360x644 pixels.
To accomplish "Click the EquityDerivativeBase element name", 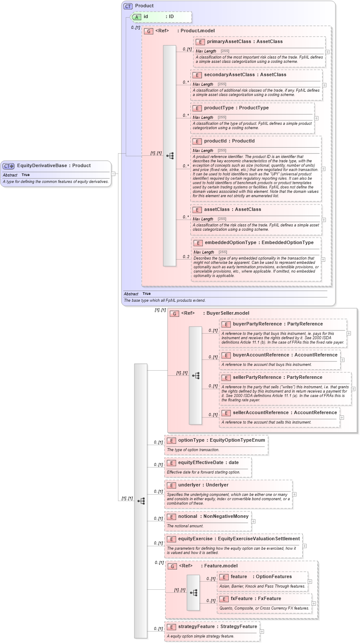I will point(42,166).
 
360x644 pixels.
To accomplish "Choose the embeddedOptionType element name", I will point(230,243).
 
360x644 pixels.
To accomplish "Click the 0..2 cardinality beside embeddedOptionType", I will point(186,257).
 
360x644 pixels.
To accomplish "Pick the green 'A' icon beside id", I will point(137,17).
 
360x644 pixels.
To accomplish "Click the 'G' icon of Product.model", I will point(149,31).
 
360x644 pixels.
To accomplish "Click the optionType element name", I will point(191,440).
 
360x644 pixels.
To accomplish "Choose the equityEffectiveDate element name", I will point(201,463).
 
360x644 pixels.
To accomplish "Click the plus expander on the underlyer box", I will point(294,494).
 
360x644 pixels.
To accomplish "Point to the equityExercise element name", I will point(195,539).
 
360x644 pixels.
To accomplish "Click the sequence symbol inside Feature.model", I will point(193,593).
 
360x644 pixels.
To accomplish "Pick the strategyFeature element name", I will point(196,627).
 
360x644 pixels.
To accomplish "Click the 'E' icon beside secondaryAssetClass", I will point(197,75).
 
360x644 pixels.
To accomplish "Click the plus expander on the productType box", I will point(316,118).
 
